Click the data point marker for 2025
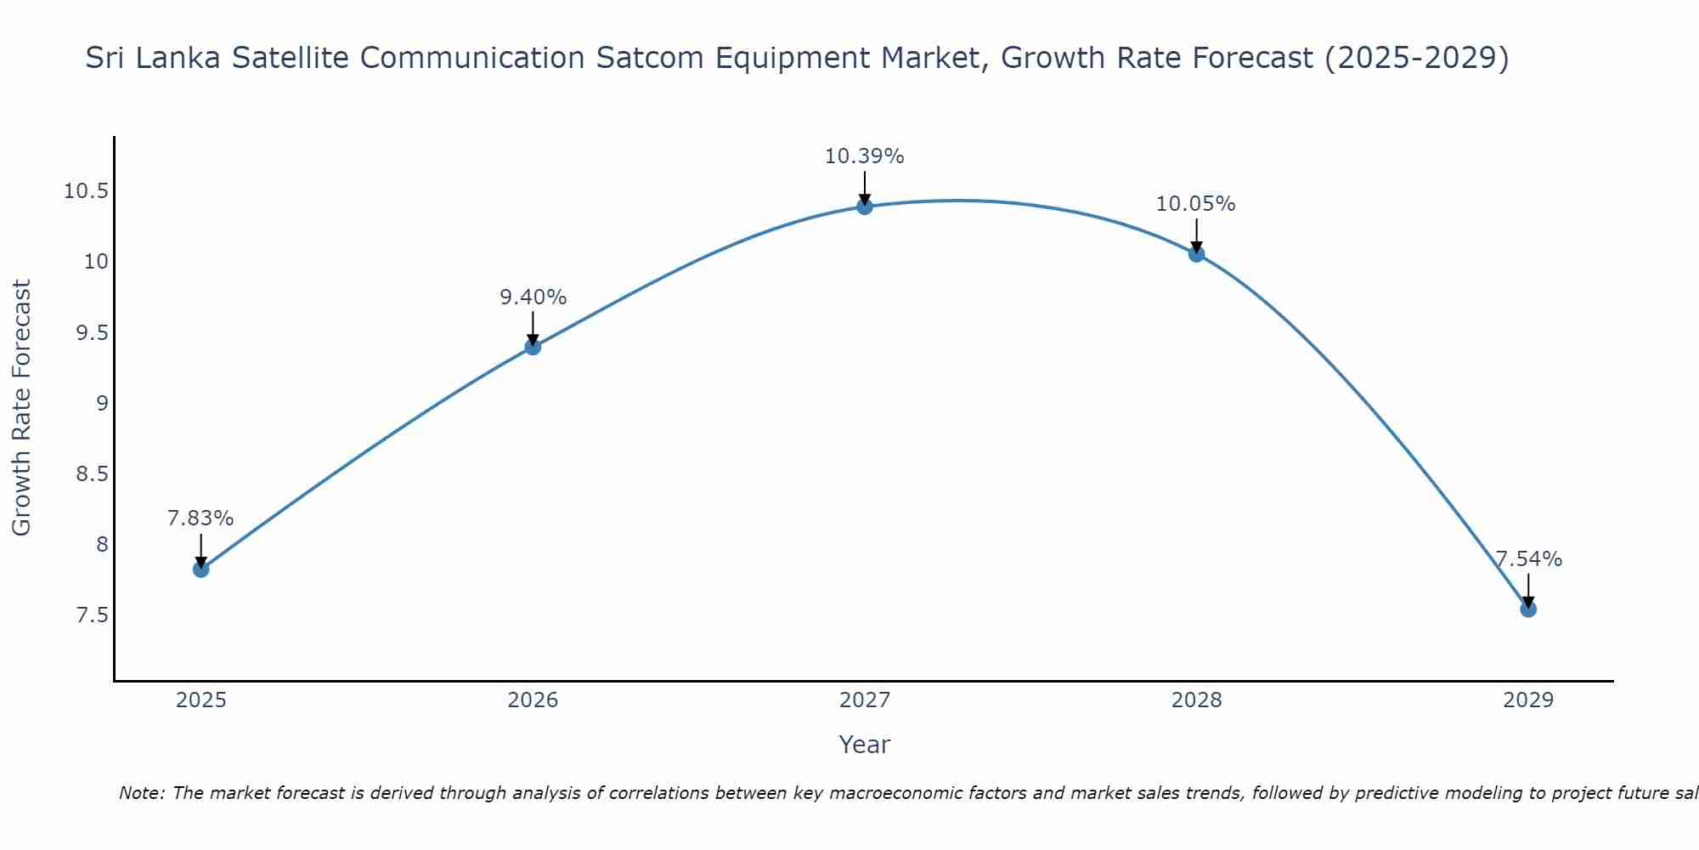(x=201, y=569)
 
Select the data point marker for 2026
(x=533, y=346)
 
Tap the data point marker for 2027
(x=865, y=206)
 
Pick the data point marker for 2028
(x=1196, y=253)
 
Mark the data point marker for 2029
(x=1528, y=609)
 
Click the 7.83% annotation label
(x=200, y=518)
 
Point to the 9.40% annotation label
(x=533, y=297)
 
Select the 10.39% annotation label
(x=865, y=156)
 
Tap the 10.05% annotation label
(x=1196, y=204)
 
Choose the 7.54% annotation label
(x=1528, y=559)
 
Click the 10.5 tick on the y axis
(x=86, y=191)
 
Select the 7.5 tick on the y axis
(x=92, y=615)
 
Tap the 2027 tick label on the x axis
(x=865, y=700)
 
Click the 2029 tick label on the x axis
(x=1528, y=700)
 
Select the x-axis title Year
(x=865, y=745)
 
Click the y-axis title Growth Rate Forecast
(x=22, y=407)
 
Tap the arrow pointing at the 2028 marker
(x=1196, y=235)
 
